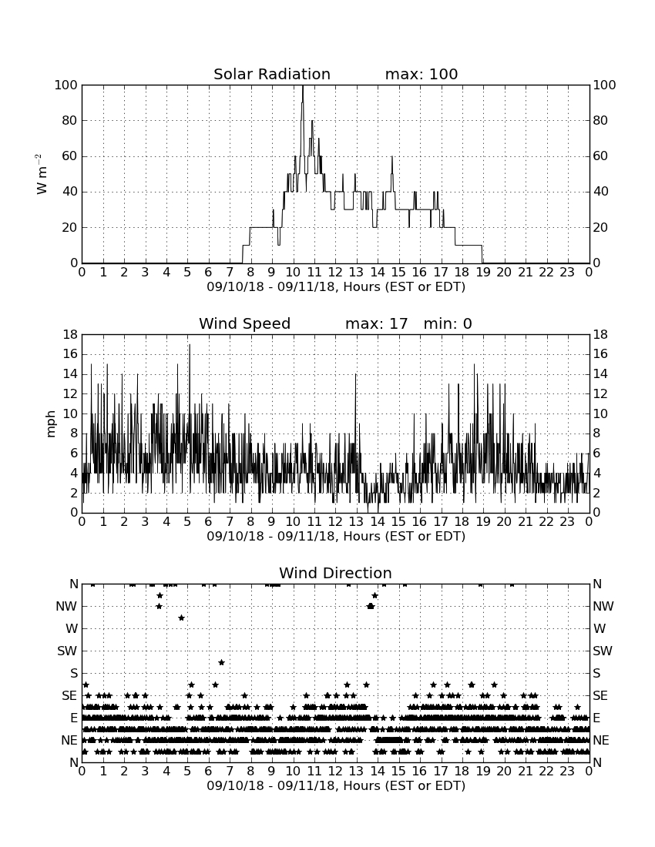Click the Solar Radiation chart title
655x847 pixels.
coord(272,74)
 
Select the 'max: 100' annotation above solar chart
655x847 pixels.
coord(422,74)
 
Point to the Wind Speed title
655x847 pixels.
coord(245,323)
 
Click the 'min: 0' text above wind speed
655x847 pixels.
coord(448,323)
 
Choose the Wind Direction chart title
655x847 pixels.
coord(336,573)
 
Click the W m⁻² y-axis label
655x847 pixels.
coord(41,174)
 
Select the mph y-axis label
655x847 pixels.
coord(51,424)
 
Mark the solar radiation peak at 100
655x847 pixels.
coord(303,86)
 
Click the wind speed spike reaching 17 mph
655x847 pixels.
coord(189,345)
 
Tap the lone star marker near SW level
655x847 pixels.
coord(221,662)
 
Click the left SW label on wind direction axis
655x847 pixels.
coord(68,651)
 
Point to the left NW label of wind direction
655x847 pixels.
coord(66,606)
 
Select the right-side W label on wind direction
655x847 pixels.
coord(600,628)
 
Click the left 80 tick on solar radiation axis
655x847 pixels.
coord(69,120)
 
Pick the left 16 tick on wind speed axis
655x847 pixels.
coord(71,354)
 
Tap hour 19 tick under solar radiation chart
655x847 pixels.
coord(483,272)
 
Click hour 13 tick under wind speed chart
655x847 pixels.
coord(356,521)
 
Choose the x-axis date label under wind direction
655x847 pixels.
coord(336,785)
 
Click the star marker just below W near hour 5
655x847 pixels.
coord(182,618)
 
